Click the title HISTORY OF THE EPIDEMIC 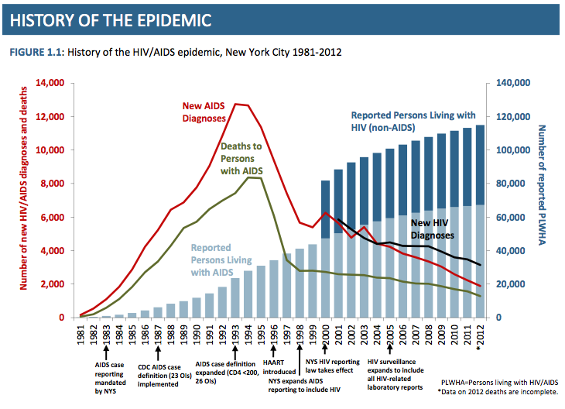[x=112, y=17]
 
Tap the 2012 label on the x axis [x=480, y=335]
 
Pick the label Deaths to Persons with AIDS [x=242, y=157]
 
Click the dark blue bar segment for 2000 [x=327, y=209]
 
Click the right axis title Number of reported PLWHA [x=543, y=198]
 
